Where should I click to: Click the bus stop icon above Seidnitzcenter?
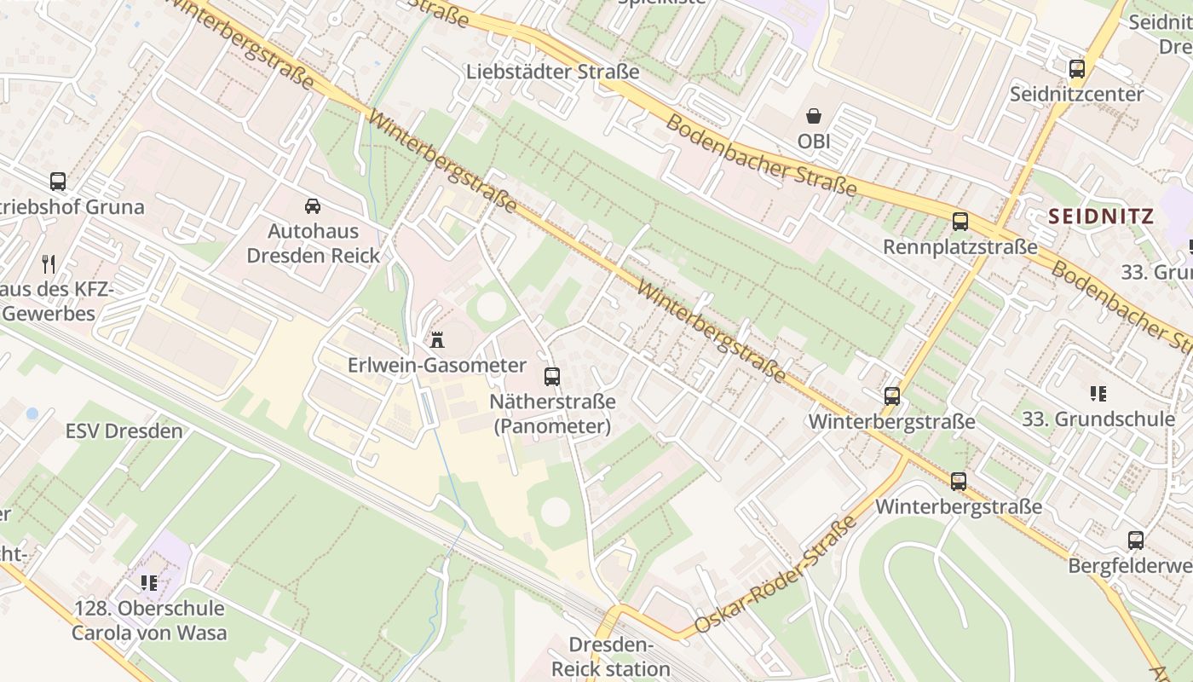1077,69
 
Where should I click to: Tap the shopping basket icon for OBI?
814,116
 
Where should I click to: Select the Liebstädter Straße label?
552,72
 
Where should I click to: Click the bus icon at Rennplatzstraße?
960,222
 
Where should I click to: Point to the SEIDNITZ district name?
1101,217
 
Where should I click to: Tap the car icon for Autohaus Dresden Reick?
313,205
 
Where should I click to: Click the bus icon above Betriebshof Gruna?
58,182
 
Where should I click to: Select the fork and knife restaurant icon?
49,264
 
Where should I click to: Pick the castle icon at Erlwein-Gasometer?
437,340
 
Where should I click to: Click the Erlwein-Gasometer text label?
437,366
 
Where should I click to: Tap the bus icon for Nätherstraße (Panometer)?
552,376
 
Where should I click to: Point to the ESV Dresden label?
124,431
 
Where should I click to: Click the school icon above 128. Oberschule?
149,583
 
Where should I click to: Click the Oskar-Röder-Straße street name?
775,575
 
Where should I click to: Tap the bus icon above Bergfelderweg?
1136,540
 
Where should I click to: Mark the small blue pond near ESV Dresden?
32,413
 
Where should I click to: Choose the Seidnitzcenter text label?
1076,94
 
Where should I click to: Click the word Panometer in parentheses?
552,426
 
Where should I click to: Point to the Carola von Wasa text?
149,633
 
